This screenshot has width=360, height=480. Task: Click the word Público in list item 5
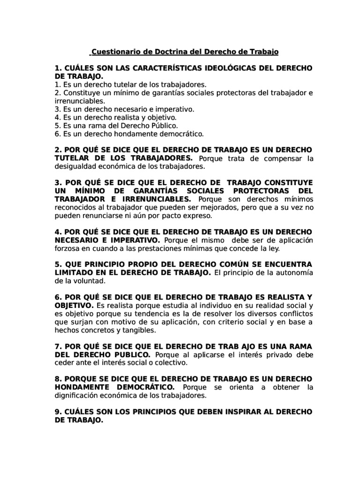point(161,126)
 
